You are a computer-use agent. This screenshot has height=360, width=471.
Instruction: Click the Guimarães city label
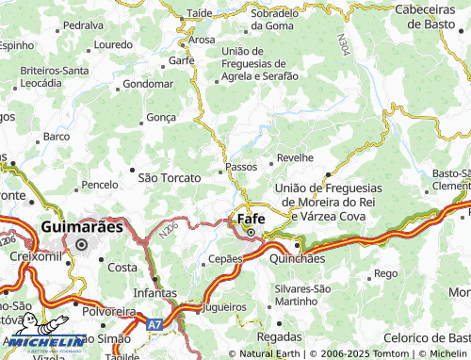pos(82,227)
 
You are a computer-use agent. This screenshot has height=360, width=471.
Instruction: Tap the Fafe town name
pos(251,218)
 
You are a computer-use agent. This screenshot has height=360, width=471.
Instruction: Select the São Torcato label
pos(170,177)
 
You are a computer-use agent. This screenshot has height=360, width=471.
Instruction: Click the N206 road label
pos(170,229)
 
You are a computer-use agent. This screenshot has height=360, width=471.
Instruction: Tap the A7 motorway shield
pos(154,323)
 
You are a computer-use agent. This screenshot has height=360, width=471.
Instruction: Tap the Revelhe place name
pos(295,158)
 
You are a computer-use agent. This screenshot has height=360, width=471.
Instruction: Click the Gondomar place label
pos(149,83)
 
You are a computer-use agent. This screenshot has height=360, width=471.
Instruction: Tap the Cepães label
pos(226,258)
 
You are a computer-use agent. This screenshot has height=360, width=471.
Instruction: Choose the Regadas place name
pos(280,336)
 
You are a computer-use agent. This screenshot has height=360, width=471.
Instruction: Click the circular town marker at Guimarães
pos(81,244)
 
